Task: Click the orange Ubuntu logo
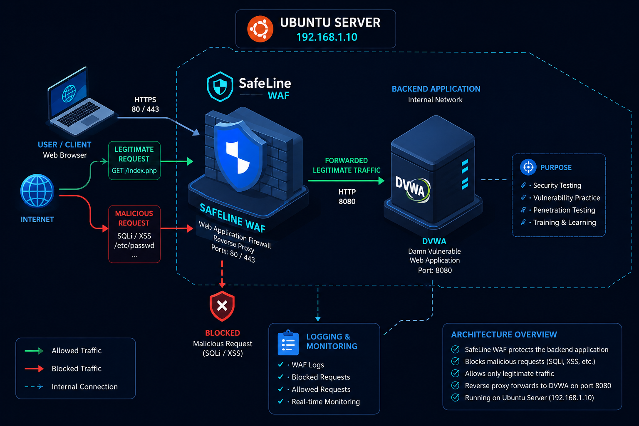(260, 29)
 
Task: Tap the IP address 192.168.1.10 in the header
(327, 37)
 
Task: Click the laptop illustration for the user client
(81, 101)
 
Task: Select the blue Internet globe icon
(37, 191)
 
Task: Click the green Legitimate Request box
(134, 160)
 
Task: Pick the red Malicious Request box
(134, 234)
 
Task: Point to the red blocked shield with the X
(222, 306)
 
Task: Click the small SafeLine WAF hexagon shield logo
(220, 87)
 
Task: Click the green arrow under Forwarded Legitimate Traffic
(346, 181)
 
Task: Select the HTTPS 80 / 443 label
(145, 104)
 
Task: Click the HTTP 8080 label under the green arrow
(347, 197)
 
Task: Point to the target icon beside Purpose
(528, 167)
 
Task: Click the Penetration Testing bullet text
(564, 210)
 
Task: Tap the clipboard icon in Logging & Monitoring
(288, 343)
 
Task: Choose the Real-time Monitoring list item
(325, 402)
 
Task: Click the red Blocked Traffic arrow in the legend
(34, 369)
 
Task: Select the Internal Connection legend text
(85, 386)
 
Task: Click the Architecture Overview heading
(504, 334)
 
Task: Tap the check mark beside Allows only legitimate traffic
(455, 374)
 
